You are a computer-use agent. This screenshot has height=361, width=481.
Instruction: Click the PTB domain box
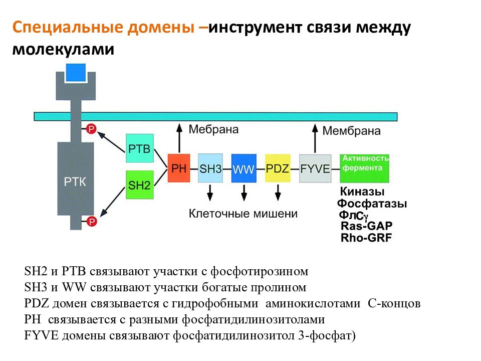coord(140,148)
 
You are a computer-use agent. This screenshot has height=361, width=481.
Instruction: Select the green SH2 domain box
coord(140,185)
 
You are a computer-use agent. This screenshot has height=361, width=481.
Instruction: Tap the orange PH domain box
coord(179,168)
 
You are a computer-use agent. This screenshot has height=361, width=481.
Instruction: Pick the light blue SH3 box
coord(210,168)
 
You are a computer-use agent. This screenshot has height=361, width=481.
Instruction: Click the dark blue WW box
coord(244,168)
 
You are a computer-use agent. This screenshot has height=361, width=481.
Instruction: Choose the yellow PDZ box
coord(278,168)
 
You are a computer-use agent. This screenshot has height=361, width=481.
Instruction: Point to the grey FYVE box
coord(315,168)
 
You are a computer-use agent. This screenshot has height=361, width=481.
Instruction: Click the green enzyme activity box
coord(364,168)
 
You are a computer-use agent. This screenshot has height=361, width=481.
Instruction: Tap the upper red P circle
coord(91,129)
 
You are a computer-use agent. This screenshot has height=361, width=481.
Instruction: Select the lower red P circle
coord(91,221)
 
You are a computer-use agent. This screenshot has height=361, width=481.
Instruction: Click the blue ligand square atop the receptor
coord(76,72)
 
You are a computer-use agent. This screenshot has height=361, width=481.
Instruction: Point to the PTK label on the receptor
coord(75,182)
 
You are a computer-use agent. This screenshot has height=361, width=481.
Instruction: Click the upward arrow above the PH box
coord(179,138)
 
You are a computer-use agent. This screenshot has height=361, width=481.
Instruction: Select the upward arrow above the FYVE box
coord(315,138)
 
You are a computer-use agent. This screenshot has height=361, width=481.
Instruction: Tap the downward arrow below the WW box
coord(244,193)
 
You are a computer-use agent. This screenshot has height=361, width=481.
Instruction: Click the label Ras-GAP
coord(367,226)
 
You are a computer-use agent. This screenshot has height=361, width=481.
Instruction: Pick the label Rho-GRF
coord(366,238)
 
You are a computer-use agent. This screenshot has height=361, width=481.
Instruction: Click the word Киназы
coord(362,192)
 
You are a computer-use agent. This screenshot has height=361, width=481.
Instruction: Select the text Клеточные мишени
coord(243,214)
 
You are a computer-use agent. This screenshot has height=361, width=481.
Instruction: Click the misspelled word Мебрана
coord(213,129)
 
